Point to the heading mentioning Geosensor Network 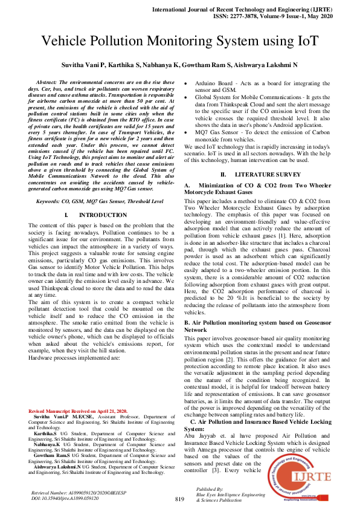pos(257,327)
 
